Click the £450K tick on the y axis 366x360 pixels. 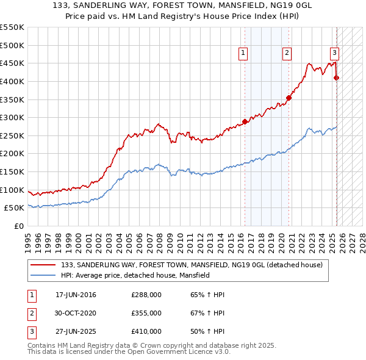[12, 63]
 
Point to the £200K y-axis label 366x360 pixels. [12, 153]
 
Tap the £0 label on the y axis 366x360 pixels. [18, 226]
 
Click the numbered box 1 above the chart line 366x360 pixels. [243, 53]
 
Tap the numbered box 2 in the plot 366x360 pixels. [287, 53]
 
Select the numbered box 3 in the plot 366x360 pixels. [335, 53]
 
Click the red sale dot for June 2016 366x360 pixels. [245, 121]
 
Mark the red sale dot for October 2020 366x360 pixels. [289, 98]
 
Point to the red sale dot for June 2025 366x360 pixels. [336, 77]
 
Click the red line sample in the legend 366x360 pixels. [43, 265]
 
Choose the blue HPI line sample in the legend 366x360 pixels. [43, 275]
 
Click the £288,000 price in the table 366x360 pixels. [146, 295]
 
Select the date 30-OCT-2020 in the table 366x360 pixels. [76, 313]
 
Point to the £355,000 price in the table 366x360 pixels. [146, 313]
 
